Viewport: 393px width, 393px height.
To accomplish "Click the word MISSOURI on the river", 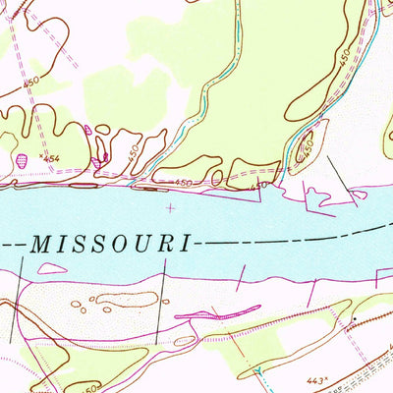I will (113, 243).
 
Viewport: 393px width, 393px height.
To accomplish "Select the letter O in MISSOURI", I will (126, 243).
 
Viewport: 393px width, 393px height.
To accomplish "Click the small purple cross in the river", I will (173, 207).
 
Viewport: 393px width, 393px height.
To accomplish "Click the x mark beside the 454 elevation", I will (40, 154).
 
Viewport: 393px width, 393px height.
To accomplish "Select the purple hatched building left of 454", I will (23, 157).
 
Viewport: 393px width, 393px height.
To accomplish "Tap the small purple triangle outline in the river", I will (318, 202).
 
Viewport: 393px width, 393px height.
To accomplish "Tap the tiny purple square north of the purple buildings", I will (88, 128).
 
